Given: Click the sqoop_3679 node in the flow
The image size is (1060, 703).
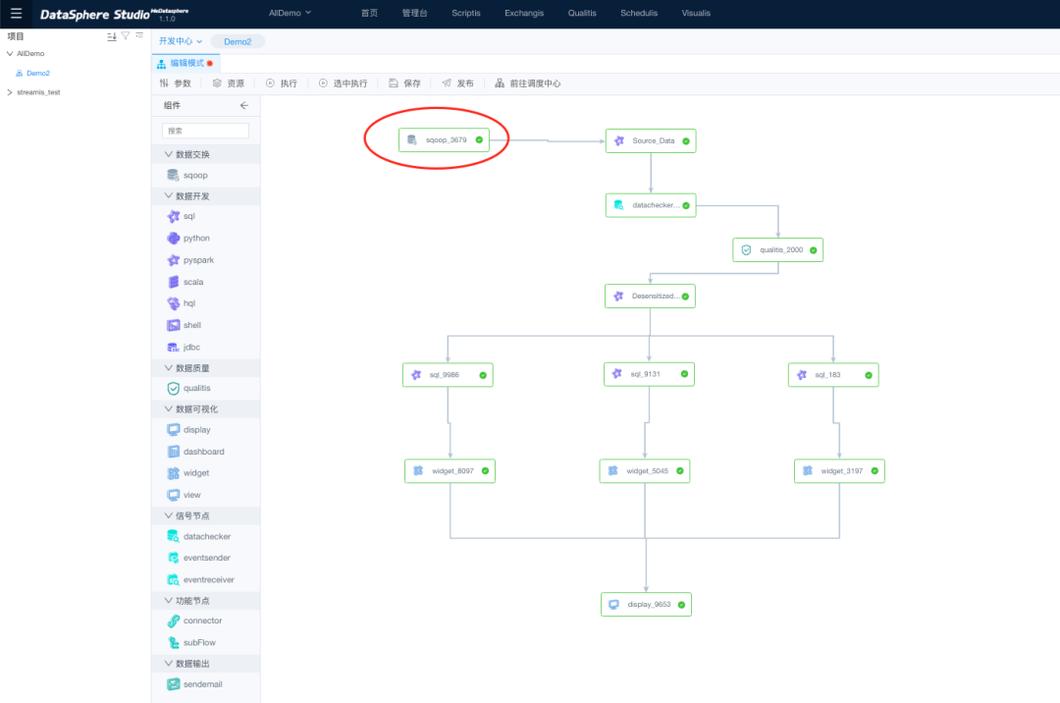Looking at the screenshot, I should [x=444, y=140].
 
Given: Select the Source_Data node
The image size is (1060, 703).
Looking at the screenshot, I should [x=651, y=140].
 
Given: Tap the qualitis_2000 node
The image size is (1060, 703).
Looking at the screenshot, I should [x=777, y=249].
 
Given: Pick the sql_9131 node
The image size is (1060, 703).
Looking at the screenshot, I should [x=649, y=374].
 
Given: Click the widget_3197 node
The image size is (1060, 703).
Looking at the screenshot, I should [x=839, y=471].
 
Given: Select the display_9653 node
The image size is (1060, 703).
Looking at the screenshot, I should [x=646, y=605].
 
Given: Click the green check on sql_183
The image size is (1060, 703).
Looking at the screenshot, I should [x=868, y=375].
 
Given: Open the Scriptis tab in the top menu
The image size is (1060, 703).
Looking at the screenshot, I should [x=466, y=14].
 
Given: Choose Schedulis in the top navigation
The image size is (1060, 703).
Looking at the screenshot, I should [x=639, y=14].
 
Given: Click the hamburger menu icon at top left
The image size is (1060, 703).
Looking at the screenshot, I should [x=16, y=14].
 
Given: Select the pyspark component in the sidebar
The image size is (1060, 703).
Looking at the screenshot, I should [x=197, y=260].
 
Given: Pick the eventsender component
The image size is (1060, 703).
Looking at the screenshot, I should [x=205, y=558].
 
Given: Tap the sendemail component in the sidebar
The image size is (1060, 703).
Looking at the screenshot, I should [x=201, y=684].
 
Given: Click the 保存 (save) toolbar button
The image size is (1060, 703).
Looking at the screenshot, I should [x=404, y=83].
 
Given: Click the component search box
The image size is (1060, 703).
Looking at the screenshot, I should [x=205, y=131].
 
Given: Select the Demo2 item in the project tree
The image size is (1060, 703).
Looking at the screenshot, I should [x=37, y=74].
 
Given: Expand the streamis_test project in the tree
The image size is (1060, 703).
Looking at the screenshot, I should [x=10, y=92].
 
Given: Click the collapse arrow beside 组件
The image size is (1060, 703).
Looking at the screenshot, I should [x=244, y=105].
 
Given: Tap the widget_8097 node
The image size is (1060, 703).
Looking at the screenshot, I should [x=450, y=471].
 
